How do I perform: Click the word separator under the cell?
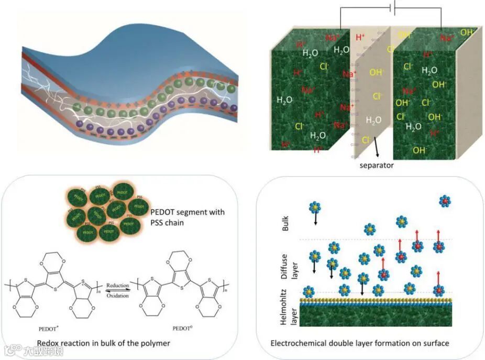coord(377,166)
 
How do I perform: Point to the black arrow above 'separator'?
coord(376,150)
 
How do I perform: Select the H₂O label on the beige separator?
coord(373,120)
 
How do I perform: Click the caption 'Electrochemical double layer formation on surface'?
coord(360,343)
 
